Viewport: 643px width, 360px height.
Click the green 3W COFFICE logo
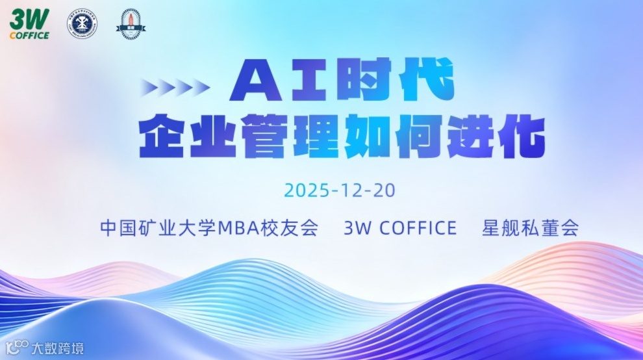29,25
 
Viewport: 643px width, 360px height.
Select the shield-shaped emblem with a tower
130,23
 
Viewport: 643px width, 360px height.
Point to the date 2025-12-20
340,191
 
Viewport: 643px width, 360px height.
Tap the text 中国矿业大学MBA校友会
209,229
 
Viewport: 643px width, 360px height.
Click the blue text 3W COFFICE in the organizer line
400,229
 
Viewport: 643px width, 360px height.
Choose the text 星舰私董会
530,229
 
